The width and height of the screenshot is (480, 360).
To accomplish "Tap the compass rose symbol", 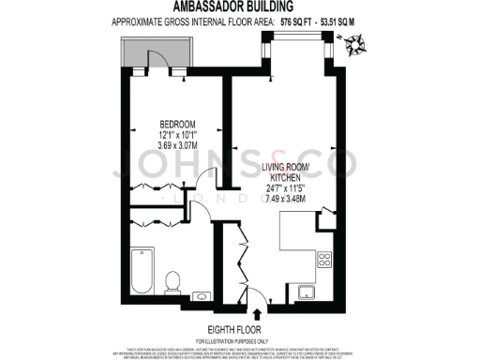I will click(355, 42).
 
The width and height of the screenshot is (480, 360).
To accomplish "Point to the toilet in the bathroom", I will click(172, 280).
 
